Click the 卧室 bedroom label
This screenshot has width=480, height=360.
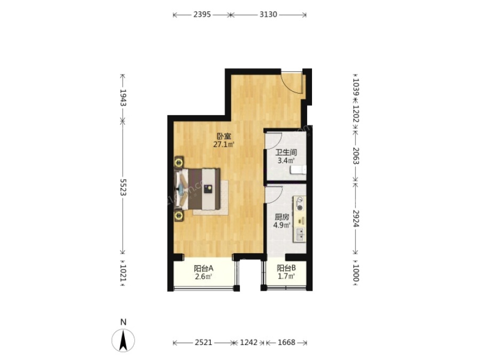(224, 136)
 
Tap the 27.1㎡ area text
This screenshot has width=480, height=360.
(224, 145)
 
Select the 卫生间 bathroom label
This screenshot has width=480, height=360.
(286, 152)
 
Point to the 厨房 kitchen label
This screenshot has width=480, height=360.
(282, 217)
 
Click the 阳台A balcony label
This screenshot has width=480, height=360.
(204, 268)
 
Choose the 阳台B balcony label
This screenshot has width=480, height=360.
(286, 268)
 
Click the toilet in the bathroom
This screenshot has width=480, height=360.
(298, 170)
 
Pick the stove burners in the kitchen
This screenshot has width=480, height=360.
(300, 204)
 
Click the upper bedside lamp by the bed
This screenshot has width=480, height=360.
(179, 162)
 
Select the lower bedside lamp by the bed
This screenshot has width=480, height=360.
(179, 216)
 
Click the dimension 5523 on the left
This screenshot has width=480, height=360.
(123, 187)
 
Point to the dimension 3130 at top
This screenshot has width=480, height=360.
(268, 14)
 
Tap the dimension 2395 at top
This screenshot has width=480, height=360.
(202, 14)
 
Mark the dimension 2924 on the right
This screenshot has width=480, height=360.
(356, 218)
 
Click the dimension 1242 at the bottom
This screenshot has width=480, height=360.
(249, 342)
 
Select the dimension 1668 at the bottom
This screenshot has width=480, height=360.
(286, 342)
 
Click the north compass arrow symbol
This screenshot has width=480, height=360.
(123, 340)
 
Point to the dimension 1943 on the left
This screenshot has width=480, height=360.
(123, 98)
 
